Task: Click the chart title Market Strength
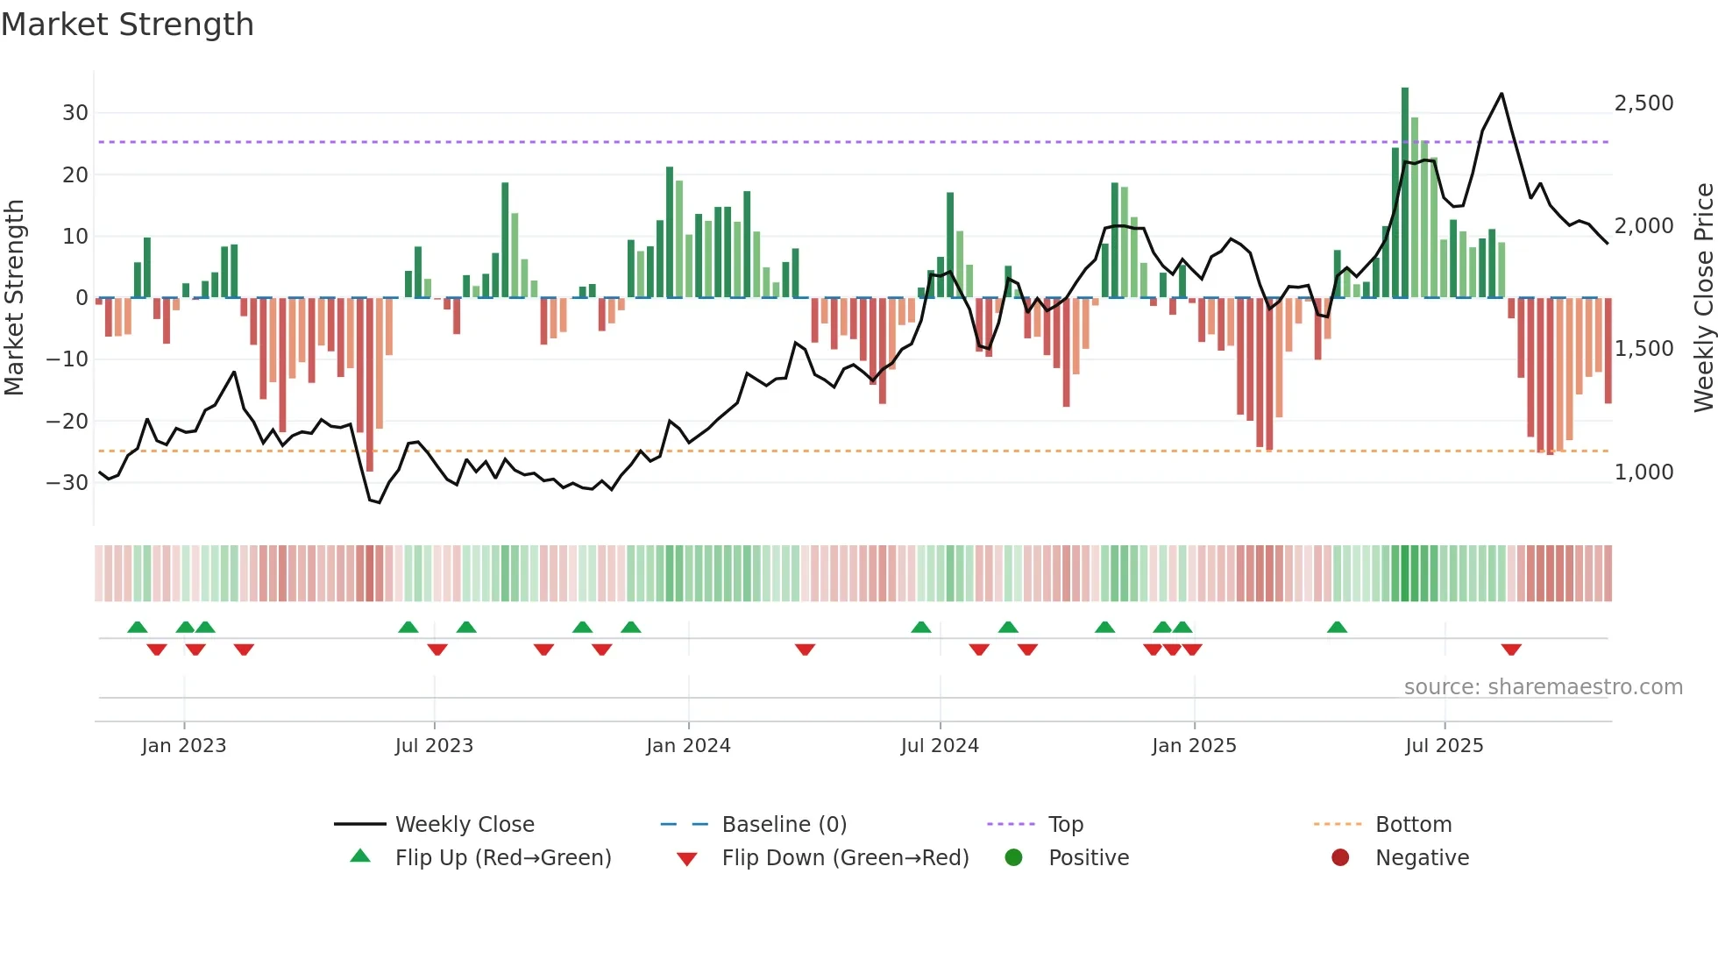pyautogui.click(x=127, y=25)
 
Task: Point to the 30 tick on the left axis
pyautogui.click(x=75, y=113)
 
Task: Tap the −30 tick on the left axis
pyautogui.click(x=67, y=482)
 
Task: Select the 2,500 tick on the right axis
pyautogui.click(x=1643, y=103)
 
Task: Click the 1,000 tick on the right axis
pyautogui.click(x=1643, y=472)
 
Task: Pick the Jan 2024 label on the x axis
pyautogui.click(x=688, y=746)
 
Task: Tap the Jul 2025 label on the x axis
pyautogui.click(x=1444, y=746)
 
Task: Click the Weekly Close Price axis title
pyautogui.click(x=1703, y=298)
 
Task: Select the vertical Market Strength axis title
pyautogui.click(x=14, y=298)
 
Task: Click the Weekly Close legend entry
pyautogui.click(x=464, y=825)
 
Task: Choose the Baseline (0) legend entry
pyautogui.click(x=784, y=825)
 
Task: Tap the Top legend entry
pyautogui.click(x=1065, y=825)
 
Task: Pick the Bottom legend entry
pyautogui.click(x=1413, y=825)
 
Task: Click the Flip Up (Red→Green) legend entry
pyautogui.click(x=502, y=858)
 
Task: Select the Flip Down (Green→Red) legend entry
pyautogui.click(x=845, y=858)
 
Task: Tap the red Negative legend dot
pyautogui.click(x=1340, y=858)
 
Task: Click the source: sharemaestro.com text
pyautogui.click(x=1543, y=687)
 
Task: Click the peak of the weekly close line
pyautogui.click(x=1501, y=94)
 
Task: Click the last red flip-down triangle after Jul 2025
pyautogui.click(x=1511, y=650)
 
